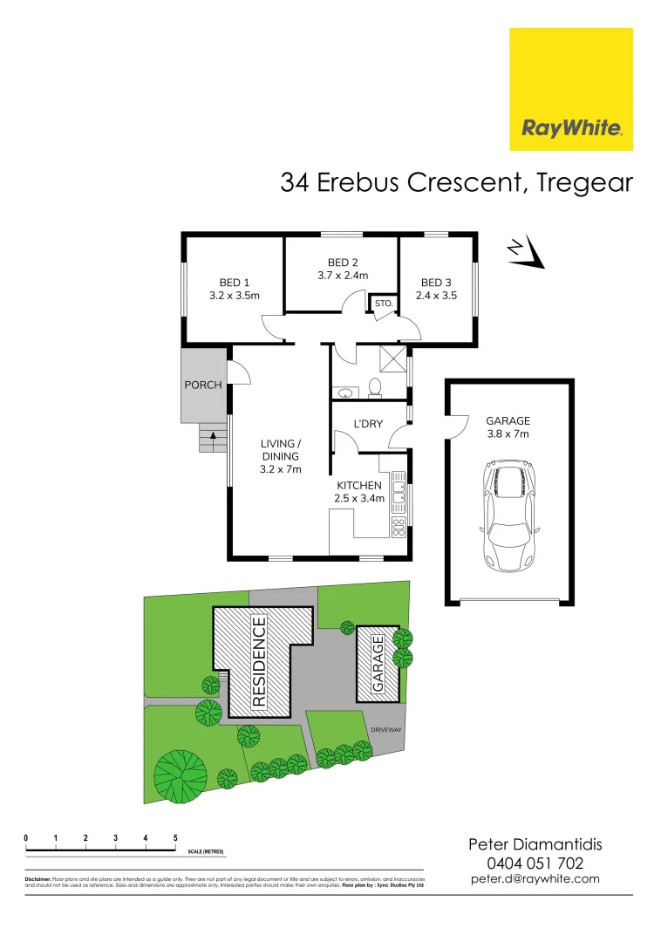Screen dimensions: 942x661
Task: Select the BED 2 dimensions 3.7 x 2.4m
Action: tap(343, 275)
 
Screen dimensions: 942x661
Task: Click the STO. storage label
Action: tap(382, 304)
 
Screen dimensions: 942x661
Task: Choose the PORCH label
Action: tap(203, 385)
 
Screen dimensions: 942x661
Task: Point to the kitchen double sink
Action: tap(398, 491)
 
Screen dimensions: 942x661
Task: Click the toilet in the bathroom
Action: tap(376, 386)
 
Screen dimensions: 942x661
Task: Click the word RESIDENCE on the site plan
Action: tap(259, 660)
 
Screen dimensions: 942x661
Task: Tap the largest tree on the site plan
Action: tap(181, 775)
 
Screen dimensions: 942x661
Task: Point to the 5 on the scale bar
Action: tap(175, 837)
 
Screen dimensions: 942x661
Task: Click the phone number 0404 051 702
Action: tap(535, 863)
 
